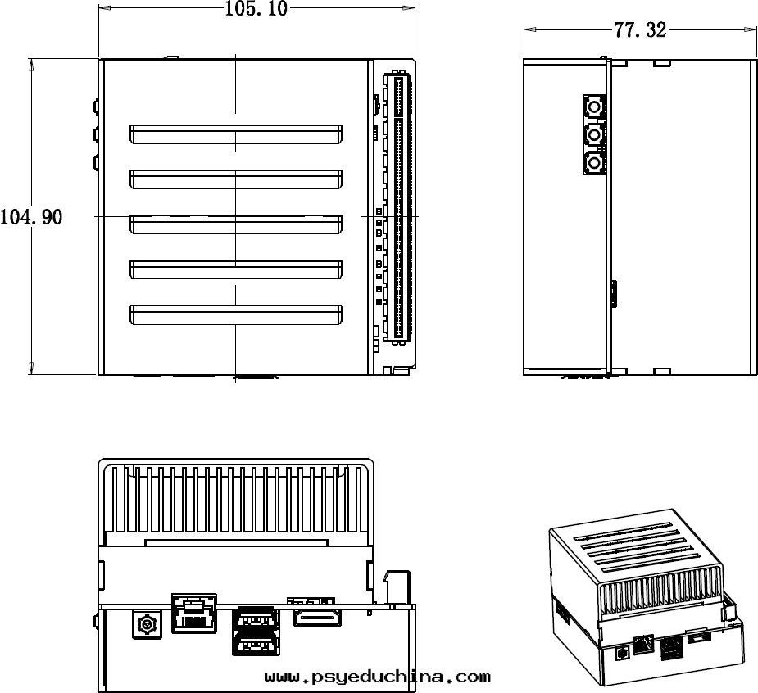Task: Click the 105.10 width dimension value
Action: click(x=256, y=10)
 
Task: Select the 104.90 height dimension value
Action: click(x=31, y=218)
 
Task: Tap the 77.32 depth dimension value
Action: click(x=639, y=31)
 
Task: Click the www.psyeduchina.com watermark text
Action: click(x=378, y=677)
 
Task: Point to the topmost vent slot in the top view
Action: click(x=235, y=134)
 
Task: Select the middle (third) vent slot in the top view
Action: click(x=235, y=224)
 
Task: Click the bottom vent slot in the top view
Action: click(x=235, y=314)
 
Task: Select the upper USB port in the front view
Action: click(x=256, y=619)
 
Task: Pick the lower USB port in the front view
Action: click(x=256, y=647)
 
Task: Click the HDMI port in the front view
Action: click(x=317, y=618)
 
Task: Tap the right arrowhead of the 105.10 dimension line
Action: click(x=410, y=8)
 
